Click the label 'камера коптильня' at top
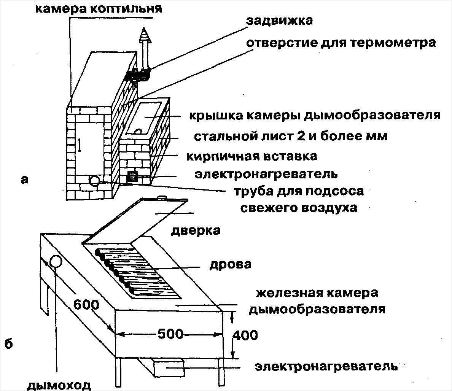pyautogui.click(x=99, y=8)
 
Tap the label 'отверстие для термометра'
pyautogui.click(x=341, y=42)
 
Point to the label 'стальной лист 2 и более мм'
pyautogui.click(x=290, y=136)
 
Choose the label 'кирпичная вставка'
pyautogui.click(x=252, y=156)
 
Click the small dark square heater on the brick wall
pyautogui.click(x=132, y=176)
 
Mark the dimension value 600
pyautogui.click(x=86, y=304)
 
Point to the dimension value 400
pyautogui.click(x=244, y=335)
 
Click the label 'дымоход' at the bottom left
pyautogui.click(x=59, y=385)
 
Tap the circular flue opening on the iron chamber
pyautogui.click(x=56, y=262)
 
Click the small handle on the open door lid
pyautogui.click(x=161, y=197)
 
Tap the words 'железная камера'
pyautogui.click(x=317, y=293)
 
